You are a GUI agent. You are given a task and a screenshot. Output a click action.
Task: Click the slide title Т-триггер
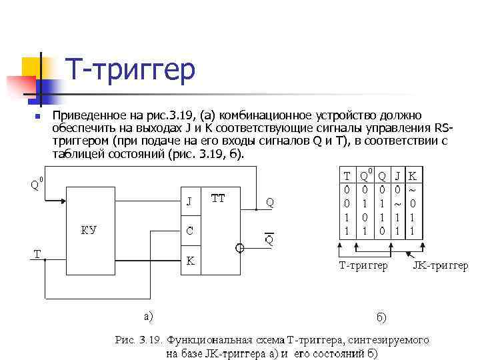[129, 69]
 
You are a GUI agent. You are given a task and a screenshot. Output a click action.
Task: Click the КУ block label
[89, 231]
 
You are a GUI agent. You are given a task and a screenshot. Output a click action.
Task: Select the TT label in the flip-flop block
[218, 198]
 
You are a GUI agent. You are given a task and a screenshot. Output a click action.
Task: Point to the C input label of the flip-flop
[189, 231]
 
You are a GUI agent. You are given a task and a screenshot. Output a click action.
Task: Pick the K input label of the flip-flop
[190, 261]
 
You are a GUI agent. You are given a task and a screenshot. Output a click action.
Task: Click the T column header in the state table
[347, 176]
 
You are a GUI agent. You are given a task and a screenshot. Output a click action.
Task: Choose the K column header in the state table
[413, 176]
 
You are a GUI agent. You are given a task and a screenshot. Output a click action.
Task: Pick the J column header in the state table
[398, 176]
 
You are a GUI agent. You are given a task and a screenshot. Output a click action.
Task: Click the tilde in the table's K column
[413, 190]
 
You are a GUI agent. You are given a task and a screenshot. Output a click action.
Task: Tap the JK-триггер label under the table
[440, 265]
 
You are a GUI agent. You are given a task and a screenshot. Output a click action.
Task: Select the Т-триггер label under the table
[363, 265]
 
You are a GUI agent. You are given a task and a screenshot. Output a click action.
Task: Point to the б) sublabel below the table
[381, 317]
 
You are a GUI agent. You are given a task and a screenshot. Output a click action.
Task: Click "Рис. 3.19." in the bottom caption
[139, 339]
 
